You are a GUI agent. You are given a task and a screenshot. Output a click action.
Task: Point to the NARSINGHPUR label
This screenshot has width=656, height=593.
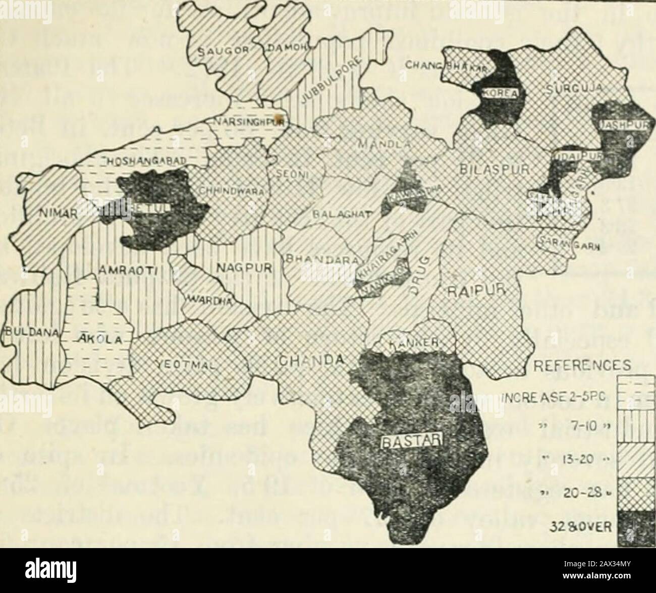[x=248, y=122]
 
